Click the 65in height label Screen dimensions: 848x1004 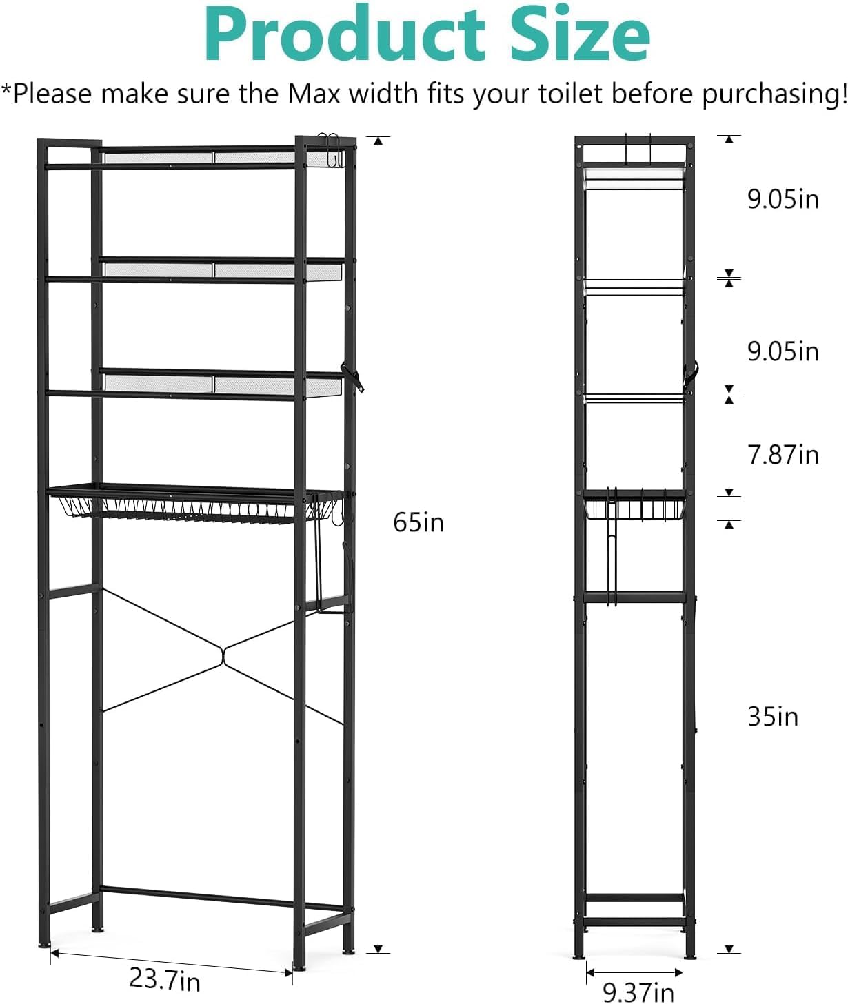click(x=418, y=522)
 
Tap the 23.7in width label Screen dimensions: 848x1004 click(x=165, y=977)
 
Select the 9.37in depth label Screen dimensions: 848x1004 click(x=638, y=990)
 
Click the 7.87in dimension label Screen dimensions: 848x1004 click(x=783, y=454)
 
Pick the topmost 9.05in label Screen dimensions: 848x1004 click(x=783, y=198)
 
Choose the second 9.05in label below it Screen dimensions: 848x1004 click(x=783, y=351)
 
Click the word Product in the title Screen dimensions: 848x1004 click(x=345, y=34)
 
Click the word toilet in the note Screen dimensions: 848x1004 click(x=569, y=93)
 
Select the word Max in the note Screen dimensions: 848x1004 click(x=314, y=93)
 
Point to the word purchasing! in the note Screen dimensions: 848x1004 click(x=774, y=94)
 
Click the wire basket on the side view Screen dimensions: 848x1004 click(x=634, y=505)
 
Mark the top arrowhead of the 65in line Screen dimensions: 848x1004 click(x=378, y=141)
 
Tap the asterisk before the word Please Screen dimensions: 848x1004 click(x=6, y=88)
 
